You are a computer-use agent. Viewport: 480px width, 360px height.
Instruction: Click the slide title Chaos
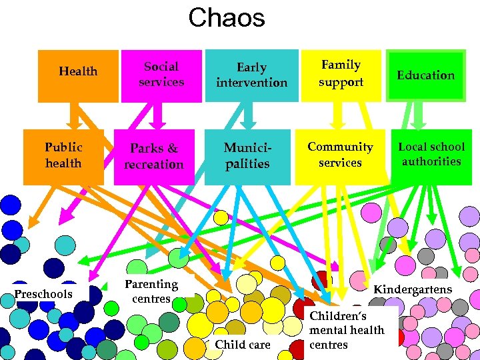(226, 18)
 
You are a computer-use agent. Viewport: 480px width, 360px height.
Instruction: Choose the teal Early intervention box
(251, 75)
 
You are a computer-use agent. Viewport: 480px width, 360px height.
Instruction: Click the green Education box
(426, 75)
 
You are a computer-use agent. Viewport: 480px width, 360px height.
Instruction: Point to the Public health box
(63, 156)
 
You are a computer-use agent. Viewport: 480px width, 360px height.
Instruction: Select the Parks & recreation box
(154, 157)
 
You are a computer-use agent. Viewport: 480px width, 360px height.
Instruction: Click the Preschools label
(44, 293)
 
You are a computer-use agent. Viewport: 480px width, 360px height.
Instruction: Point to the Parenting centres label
(151, 291)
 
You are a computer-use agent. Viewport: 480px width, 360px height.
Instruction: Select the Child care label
(243, 345)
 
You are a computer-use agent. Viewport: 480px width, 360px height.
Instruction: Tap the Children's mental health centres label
(347, 330)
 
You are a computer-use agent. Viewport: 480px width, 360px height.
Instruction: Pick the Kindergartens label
(412, 289)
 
